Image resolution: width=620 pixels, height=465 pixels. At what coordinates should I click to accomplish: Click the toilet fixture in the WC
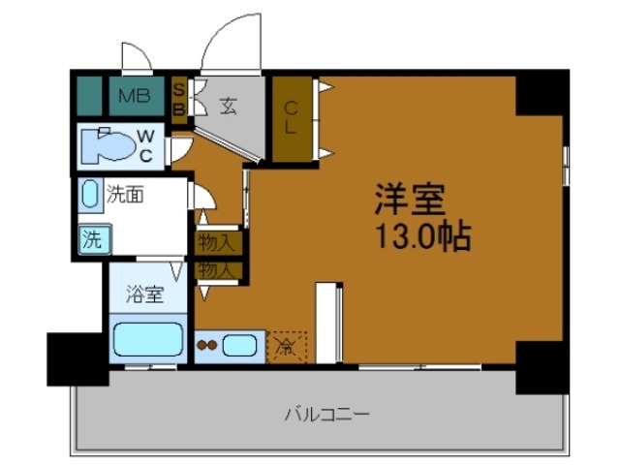[x=107, y=146]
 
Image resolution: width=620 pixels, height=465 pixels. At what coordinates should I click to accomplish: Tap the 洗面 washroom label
[x=125, y=195]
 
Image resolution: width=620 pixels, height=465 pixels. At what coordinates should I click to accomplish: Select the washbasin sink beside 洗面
[x=90, y=195]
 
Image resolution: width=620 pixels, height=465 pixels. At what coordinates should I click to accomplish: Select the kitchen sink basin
[x=241, y=344]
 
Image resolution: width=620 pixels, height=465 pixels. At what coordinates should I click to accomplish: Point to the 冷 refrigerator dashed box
[x=287, y=346]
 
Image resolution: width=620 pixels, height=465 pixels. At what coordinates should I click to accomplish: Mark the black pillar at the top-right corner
[x=542, y=93]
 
